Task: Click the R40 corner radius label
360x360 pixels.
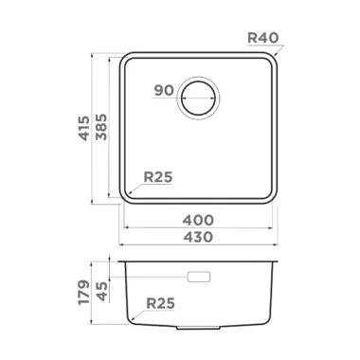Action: pyautogui.click(x=262, y=38)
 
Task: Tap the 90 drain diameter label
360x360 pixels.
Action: pyautogui.click(x=164, y=91)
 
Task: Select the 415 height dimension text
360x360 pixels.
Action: pyautogui.click(x=84, y=128)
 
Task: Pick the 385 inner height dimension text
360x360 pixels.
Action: pyautogui.click(x=101, y=127)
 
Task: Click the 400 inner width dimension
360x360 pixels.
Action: pyautogui.click(x=198, y=220)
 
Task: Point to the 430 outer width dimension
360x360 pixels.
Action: pyautogui.click(x=198, y=237)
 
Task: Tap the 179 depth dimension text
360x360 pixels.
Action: pyautogui.click(x=84, y=292)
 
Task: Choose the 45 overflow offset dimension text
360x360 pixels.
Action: pyautogui.click(x=101, y=291)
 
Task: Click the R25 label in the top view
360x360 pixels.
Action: pyautogui.click(x=158, y=177)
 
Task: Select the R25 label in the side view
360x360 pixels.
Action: pyautogui.click(x=160, y=303)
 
